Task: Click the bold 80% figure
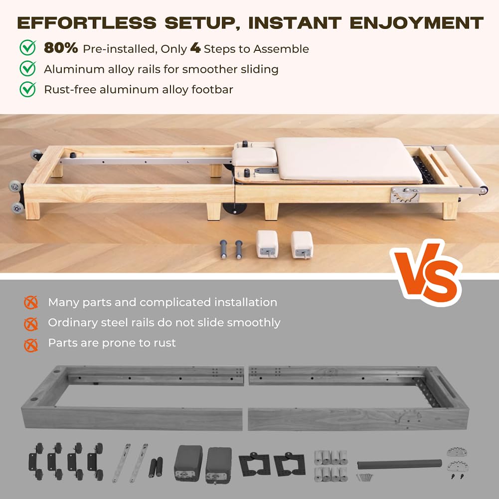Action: [61, 48]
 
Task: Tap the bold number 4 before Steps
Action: [195, 48]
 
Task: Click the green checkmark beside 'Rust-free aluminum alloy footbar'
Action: [27, 89]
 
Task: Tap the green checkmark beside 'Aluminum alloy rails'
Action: [27, 68]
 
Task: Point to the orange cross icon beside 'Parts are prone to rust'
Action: [31, 344]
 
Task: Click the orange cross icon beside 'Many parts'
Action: [31, 303]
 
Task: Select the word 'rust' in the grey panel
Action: [165, 343]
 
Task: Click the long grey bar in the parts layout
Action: [399, 464]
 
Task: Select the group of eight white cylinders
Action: [331, 465]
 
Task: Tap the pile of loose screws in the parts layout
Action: [365, 477]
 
